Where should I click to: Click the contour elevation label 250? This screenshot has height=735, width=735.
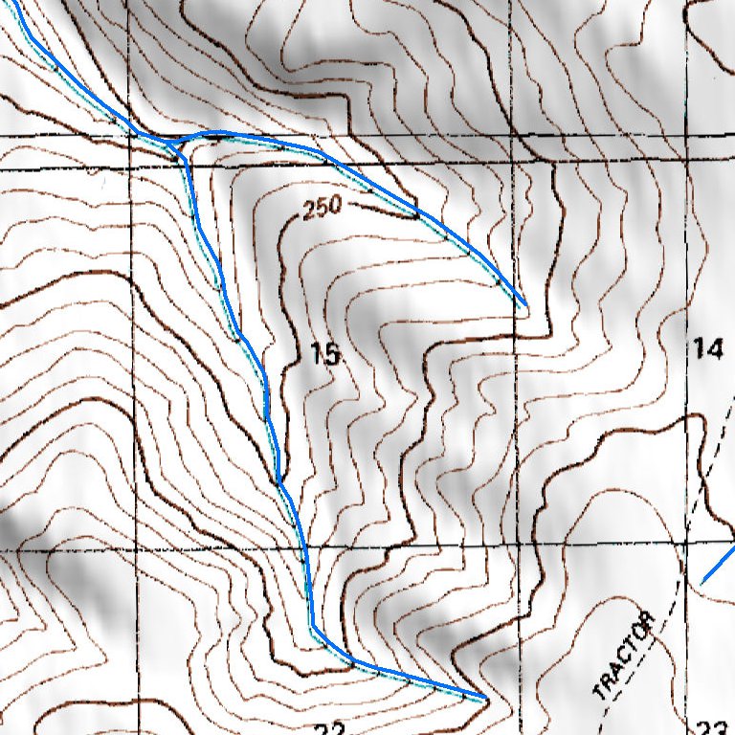322,208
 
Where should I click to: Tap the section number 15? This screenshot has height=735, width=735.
325,356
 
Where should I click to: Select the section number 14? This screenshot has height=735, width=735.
707,349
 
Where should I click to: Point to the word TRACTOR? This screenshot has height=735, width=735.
625,658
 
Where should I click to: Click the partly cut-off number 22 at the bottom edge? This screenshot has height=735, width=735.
328,729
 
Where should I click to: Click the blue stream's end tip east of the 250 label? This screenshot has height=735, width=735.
525,304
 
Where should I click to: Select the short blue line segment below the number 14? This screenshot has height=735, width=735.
719,568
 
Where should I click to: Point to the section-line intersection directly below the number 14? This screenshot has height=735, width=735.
688,545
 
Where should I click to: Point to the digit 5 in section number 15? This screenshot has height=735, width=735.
332,356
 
